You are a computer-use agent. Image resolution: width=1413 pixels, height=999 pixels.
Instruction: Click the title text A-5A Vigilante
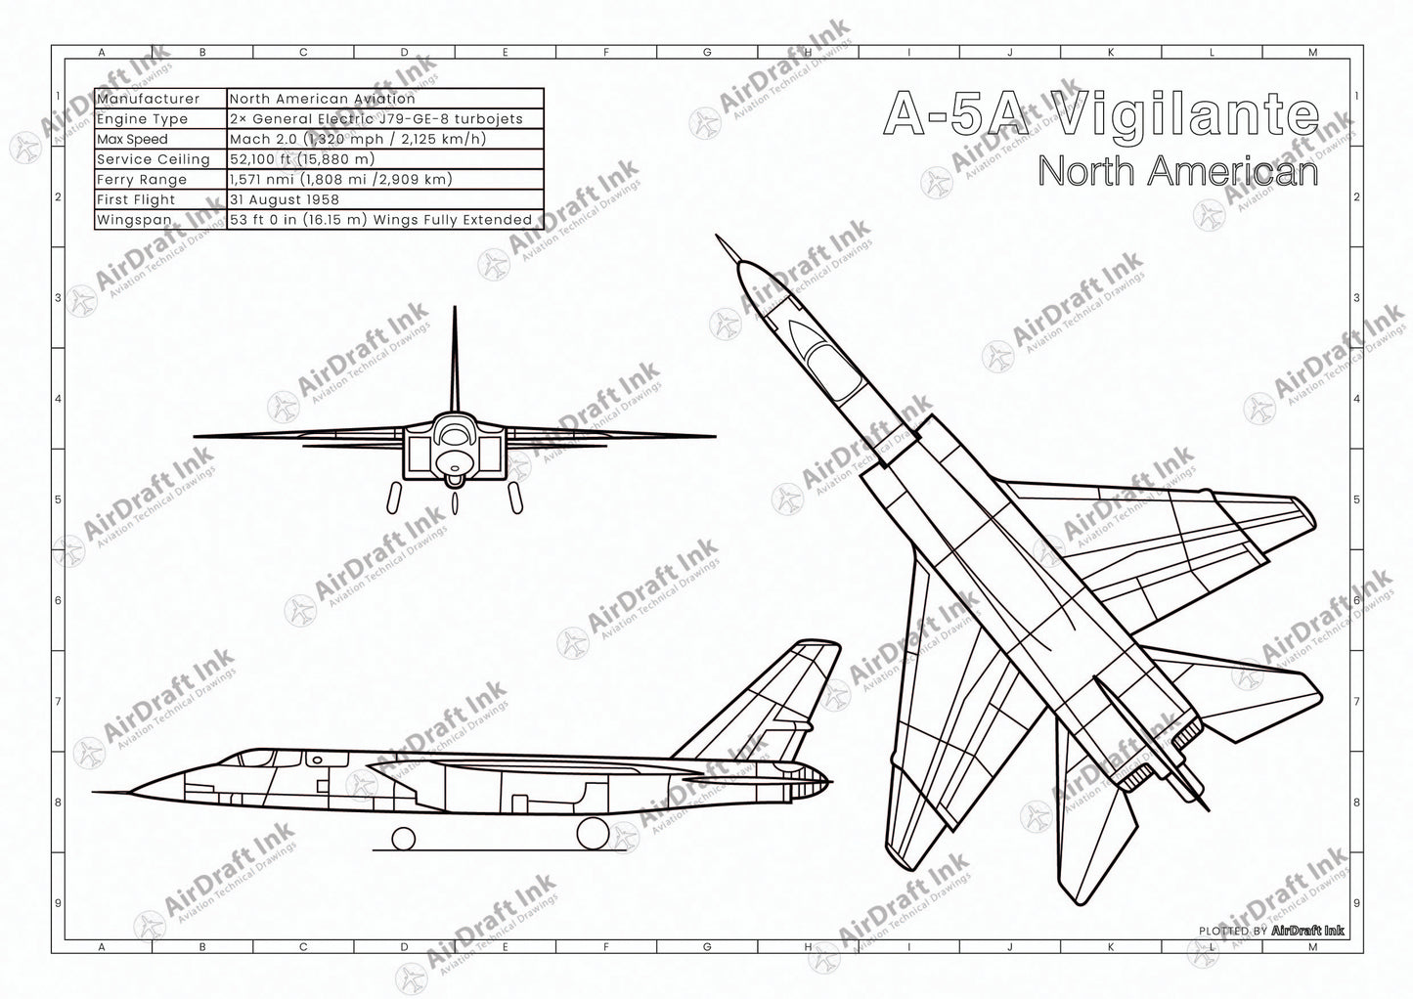[x=1100, y=114]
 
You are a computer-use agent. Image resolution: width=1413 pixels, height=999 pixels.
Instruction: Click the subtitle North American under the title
[x=1177, y=171]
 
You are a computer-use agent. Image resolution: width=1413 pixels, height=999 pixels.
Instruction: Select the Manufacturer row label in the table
[x=149, y=99]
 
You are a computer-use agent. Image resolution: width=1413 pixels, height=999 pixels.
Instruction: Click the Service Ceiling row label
[x=154, y=159]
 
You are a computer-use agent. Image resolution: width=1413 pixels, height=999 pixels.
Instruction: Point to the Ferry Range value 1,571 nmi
[x=339, y=180]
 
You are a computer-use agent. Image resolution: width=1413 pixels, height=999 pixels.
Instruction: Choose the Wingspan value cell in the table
[x=381, y=220]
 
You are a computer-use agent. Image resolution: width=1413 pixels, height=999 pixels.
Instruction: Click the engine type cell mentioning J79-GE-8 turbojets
[x=376, y=119]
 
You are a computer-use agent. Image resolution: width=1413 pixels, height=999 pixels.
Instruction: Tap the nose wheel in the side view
[x=403, y=837]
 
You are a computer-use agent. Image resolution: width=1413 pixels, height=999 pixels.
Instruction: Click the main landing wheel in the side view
[x=591, y=833]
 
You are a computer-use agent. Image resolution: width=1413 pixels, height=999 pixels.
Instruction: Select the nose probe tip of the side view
[x=98, y=792]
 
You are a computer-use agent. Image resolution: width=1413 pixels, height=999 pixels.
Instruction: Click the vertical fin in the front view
[x=455, y=362]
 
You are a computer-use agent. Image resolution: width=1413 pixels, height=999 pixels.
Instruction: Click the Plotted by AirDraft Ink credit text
[x=1271, y=932]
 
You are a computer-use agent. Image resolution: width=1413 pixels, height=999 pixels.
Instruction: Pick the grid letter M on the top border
[x=1312, y=53]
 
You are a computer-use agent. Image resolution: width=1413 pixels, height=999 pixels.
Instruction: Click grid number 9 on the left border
[x=58, y=902]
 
